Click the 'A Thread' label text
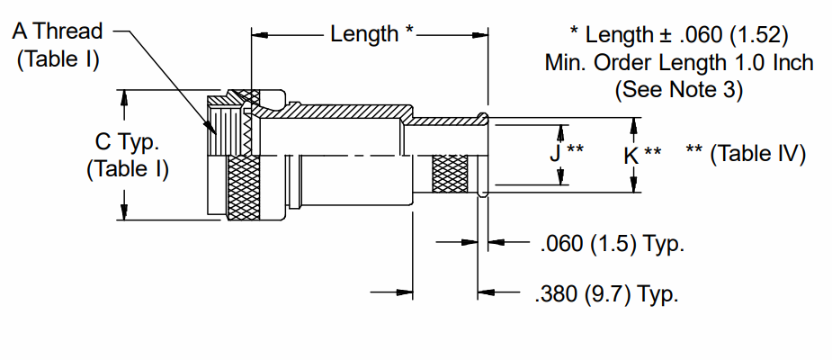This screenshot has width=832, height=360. pos(58,31)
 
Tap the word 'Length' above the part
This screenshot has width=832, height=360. pos(364,34)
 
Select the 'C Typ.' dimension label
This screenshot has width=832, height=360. pos(127,142)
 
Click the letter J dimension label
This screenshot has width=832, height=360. pos(555,154)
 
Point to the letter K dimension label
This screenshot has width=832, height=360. pos(631,156)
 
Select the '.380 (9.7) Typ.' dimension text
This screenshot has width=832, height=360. pos(607,294)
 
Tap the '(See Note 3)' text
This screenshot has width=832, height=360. pos(679,90)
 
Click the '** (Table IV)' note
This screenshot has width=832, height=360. pos(746,155)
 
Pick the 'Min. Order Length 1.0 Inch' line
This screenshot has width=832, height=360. pos(679,63)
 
